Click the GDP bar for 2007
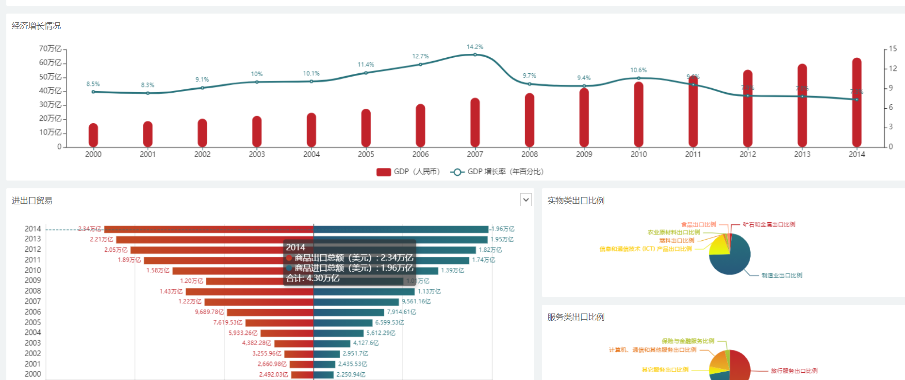tap(475, 124)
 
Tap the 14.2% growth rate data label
tap(475, 47)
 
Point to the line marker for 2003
tap(257, 82)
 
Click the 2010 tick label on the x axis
tap(639, 154)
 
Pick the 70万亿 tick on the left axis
tap(50, 49)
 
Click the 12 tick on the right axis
tap(893, 68)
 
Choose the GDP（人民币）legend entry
tap(408, 172)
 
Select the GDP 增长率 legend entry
tap(497, 172)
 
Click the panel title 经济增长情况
tap(36, 26)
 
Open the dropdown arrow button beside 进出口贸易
tap(526, 200)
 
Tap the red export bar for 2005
tap(279, 323)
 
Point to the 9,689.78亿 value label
tap(210, 312)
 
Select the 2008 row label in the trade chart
tap(33, 291)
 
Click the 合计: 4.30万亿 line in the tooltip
tap(313, 279)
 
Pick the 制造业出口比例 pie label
tap(782, 276)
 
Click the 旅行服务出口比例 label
tap(794, 371)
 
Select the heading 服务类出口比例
tap(576, 317)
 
